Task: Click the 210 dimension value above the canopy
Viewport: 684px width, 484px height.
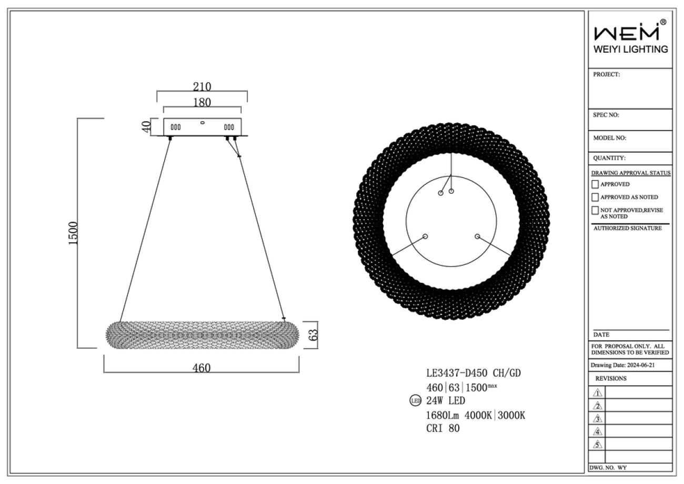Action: click(x=202, y=87)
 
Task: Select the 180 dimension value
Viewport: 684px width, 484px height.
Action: click(x=202, y=102)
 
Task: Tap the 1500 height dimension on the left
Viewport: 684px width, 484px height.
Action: click(x=73, y=233)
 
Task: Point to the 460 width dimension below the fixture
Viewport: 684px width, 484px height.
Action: click(x=202, y=368)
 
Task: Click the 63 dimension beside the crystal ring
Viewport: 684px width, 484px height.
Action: click(x=313, y=335)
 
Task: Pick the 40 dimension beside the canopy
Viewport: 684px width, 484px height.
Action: click(x=147, y=126)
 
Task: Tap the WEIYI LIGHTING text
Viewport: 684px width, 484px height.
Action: click(x=630, y=49)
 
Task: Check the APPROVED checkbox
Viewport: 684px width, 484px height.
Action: click(x=595, y=184)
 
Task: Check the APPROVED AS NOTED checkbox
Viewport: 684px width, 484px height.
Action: click(x=595, y=197)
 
